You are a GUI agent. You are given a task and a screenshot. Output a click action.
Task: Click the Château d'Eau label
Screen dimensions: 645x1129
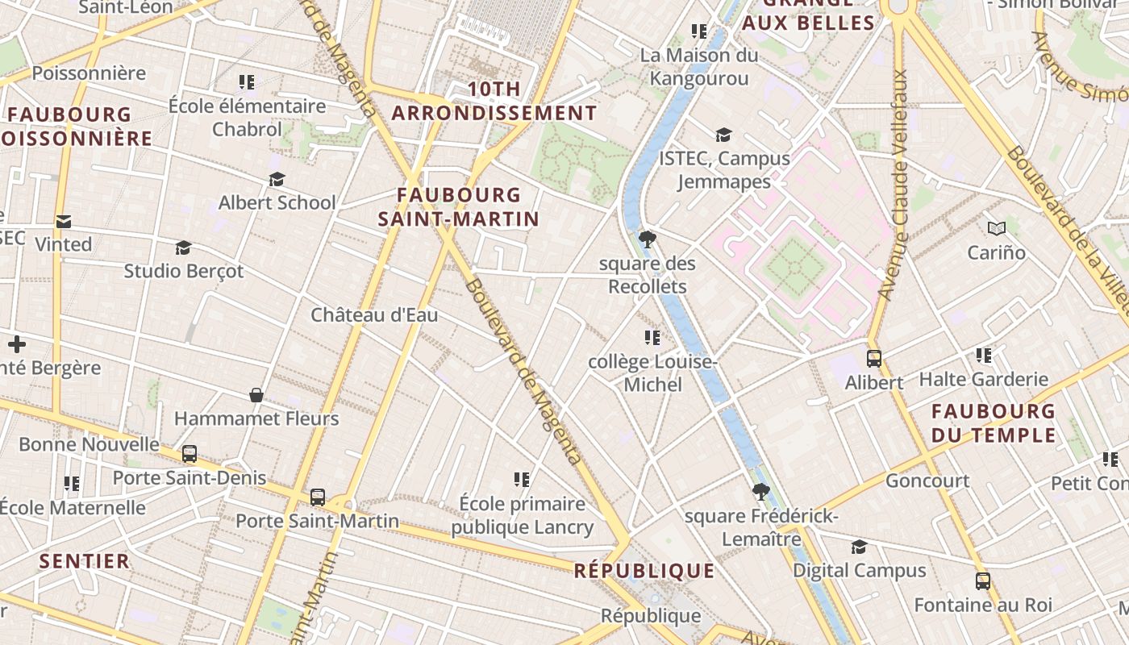374,315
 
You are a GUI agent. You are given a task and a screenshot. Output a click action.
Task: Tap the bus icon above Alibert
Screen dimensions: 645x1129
873,359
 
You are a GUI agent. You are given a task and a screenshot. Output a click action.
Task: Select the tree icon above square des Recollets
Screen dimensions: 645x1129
647,239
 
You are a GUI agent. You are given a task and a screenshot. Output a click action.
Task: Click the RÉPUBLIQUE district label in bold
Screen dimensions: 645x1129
644,572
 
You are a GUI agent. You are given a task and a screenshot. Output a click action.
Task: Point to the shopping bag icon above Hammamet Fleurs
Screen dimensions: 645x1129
256,395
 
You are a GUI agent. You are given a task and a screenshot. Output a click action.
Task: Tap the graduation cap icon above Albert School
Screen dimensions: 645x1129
277,179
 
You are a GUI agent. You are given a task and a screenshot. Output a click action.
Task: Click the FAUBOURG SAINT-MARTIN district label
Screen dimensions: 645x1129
458,206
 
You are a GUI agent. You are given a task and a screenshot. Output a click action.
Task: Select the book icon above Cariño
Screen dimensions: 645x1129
997,229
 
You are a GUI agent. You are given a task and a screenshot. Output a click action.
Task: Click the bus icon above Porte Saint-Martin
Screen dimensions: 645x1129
318,497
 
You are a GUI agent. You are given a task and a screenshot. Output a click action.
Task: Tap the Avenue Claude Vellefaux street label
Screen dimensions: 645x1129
896,185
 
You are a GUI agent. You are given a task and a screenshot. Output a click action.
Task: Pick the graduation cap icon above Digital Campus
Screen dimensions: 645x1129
859,547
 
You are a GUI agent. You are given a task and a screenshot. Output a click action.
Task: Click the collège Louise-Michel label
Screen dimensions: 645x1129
652,373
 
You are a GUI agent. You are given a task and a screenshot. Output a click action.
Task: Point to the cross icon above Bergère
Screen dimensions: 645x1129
17,345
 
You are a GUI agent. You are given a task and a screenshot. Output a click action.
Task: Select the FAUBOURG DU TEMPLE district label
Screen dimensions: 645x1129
994,423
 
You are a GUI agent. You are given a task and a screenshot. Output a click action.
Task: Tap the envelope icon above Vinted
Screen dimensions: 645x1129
63,221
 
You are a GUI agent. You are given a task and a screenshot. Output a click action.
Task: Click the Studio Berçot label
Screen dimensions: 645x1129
183,271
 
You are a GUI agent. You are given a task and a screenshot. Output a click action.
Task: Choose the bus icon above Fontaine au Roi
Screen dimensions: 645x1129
982,581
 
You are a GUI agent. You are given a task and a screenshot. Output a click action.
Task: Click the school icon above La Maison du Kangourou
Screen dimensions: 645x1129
699,31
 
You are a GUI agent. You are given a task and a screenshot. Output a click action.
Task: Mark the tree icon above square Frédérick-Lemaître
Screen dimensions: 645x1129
760,491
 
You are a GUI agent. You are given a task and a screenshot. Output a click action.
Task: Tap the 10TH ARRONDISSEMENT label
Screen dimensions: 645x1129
494,101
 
